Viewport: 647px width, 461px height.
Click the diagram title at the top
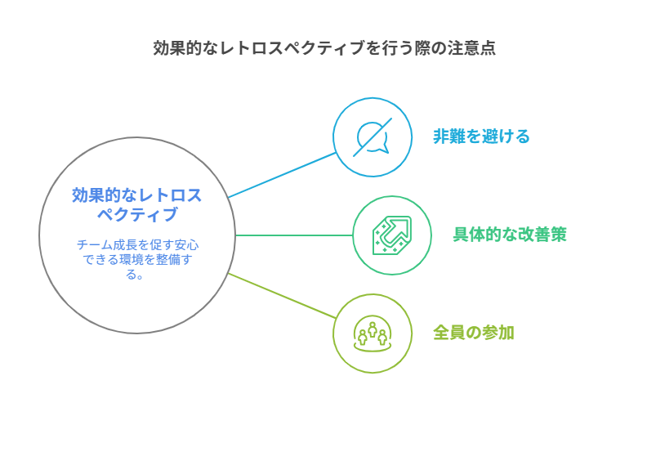tap(324, 48)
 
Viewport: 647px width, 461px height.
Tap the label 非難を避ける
tap(481, 137)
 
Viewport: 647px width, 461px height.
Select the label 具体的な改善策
tap(510, 235)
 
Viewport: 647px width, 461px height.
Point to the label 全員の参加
tap(473, 333)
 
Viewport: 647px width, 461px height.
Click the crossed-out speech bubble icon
tap(373, 137)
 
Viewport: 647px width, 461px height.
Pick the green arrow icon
tap(392, 235)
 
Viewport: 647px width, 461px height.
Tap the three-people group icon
tap(373, 333)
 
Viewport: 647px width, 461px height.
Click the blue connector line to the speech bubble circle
tap(282, 175)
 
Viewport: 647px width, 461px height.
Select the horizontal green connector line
tap(294, 235)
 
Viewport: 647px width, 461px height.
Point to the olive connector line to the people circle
tap(282, 296)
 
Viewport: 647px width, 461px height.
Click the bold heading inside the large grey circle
tap(137, 204)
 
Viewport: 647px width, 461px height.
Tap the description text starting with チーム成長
tap(137, 260)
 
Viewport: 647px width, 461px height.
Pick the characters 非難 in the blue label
tap(449, 137)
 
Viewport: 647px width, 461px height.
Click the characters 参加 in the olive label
tap(498, 333)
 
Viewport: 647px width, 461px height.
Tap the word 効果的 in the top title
tap(177, 48)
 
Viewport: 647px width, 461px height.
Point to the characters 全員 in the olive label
tap(449, 333)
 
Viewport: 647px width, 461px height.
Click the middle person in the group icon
tap(373, 329)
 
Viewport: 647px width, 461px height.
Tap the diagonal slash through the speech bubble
tap(373, 137)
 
